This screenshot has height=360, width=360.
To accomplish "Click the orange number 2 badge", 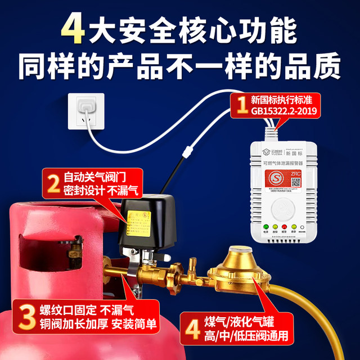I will tap(54, 183).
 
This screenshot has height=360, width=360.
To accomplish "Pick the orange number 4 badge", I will tap(192, 328).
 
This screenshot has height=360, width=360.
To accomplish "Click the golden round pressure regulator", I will tap(238, 270).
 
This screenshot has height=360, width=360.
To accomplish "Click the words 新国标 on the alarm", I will tap(298, 151).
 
